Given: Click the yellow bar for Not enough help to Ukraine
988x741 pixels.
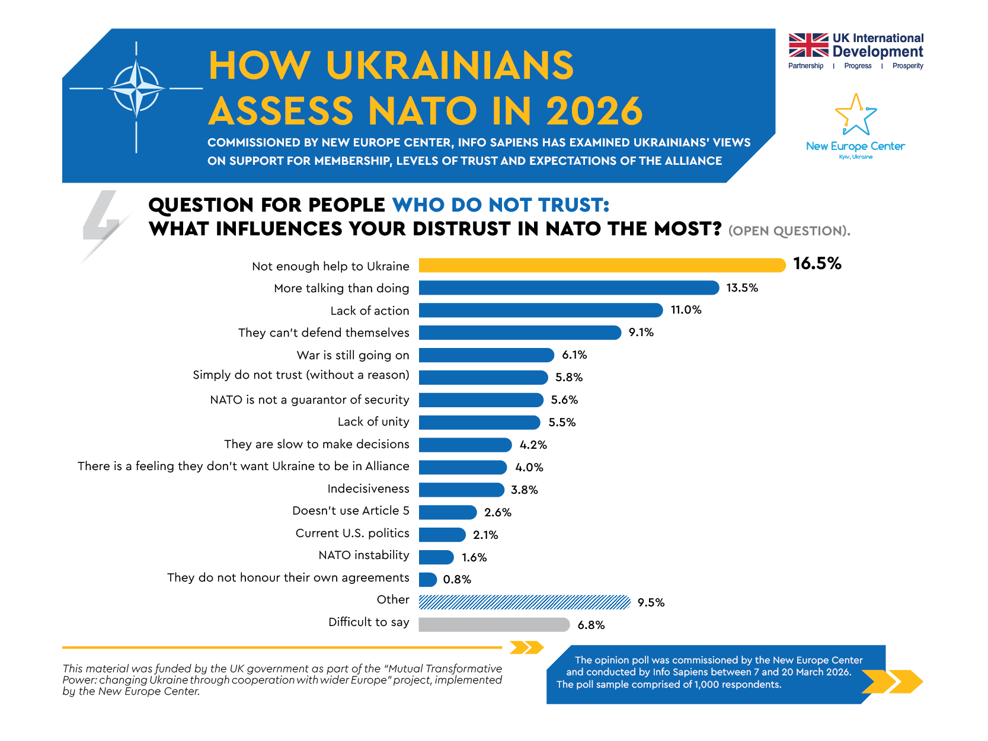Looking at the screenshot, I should tap(602, 265).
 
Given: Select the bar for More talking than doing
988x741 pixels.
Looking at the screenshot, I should tap(568, 288).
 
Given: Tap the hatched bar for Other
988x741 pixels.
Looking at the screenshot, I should tap(524, 602).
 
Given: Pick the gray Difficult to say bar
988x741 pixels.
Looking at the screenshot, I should tap(494, 625).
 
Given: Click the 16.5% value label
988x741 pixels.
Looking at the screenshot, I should tap(817, 264).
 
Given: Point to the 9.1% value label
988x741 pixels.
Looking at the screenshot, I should tap(641, 333).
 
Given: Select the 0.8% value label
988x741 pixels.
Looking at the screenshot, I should tap(457, 580).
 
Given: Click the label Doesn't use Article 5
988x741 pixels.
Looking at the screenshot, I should tap(350, 511).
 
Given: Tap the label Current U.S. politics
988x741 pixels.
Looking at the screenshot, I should tap(352, 534).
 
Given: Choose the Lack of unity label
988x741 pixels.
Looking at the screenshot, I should tap(373, 422).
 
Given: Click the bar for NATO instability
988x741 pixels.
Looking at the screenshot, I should tap(436, 557).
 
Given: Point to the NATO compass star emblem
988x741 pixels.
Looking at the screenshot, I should tap(136, 89).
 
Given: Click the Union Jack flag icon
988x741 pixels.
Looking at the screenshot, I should tap(808, 45).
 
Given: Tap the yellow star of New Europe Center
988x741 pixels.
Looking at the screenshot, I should tap(855, 115).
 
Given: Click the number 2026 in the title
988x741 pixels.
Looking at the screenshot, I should tap(594, 111).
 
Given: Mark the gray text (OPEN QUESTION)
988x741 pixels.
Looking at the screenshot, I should tap(789, 231).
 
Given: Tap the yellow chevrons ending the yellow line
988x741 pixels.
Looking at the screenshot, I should tap(526, 647).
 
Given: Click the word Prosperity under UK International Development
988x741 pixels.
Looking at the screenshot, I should tap(907, 66).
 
